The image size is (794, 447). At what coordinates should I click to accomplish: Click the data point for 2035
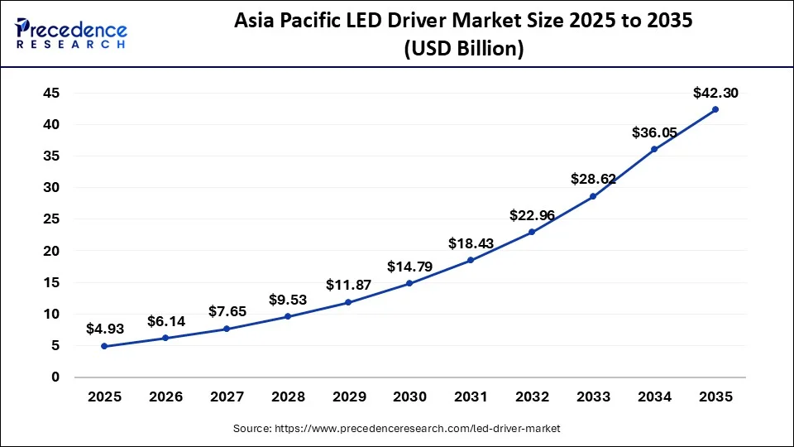coord(715,109)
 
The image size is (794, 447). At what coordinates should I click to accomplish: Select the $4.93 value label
coord(104,329)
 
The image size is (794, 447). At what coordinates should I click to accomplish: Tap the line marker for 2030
coord(409,283)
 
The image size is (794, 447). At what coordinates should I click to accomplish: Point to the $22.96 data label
coord(532,215)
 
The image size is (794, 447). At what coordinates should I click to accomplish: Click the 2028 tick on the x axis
coord(287,397)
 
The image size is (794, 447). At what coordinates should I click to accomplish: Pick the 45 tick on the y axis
coord(50,93)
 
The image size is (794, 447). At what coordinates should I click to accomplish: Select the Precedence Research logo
coord(70,33)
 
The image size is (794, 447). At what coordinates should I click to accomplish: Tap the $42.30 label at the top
coord(715,94)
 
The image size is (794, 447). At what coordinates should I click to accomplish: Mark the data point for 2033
coord(593,196)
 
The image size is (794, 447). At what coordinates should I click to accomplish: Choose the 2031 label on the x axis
coord(471,397)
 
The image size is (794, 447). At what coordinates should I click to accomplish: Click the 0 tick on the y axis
coord(55,377)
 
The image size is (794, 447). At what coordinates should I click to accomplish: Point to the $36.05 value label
coord(654,132)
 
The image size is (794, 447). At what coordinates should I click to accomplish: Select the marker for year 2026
coord(165,338)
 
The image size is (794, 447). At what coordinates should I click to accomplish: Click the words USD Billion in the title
coord(463,49)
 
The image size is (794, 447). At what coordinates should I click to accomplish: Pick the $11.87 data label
coord(348,286)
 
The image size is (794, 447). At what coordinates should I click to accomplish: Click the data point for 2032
coord(532,232)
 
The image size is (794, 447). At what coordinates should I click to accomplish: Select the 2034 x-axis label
coord(654,397)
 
